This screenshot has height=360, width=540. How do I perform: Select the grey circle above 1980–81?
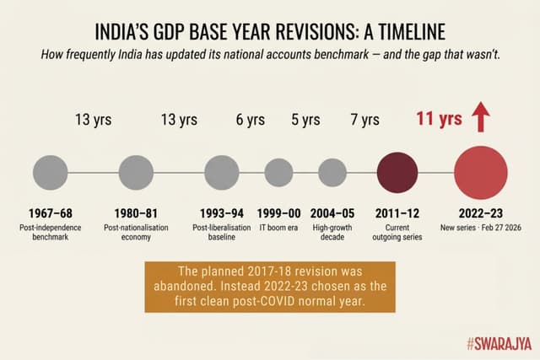point(135,172)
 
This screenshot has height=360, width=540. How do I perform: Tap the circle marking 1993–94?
point(224,172)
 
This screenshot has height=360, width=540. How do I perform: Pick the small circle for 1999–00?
point(278,172)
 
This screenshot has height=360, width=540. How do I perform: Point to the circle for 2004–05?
point(332,172)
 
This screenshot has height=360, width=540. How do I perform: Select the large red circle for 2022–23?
point(481,172)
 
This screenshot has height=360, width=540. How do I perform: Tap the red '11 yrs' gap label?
point(439,119)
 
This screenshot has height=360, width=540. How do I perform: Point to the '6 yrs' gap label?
point(251,120)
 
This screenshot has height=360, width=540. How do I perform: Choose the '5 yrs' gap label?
point(305,120)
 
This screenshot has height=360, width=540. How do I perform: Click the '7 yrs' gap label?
point(364,120)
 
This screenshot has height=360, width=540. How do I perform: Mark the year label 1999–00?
point(278,215)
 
